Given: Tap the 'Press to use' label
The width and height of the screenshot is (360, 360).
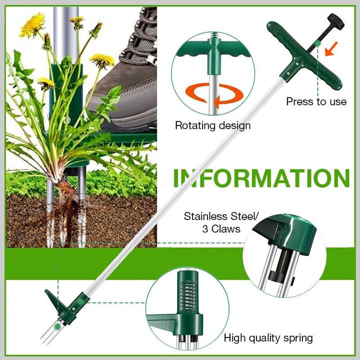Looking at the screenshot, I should (x=316, y=101).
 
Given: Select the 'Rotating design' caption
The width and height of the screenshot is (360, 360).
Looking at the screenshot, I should (x=212, y=125).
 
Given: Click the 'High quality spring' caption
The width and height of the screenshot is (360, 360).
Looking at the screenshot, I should (x=268, y=338).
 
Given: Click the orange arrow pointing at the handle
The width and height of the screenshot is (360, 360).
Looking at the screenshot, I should (x=330, y=48).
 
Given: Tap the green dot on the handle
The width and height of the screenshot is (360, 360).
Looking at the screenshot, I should (x=318, y=43).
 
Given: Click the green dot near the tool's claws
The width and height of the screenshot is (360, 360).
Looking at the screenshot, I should (x=58, y=325).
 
